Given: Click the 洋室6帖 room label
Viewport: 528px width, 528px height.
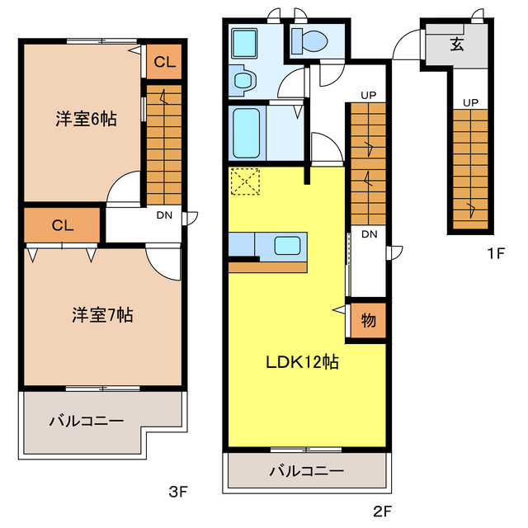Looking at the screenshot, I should coord(86,119).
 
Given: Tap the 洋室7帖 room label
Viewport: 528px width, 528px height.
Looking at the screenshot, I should coord(102,314).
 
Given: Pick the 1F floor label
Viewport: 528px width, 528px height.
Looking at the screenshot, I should coord(494,254).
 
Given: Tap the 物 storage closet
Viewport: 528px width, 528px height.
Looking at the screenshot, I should coord(368,320).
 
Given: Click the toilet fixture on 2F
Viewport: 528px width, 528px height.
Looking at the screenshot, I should coord(313,39).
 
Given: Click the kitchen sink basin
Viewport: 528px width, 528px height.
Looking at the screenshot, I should coord(288,245).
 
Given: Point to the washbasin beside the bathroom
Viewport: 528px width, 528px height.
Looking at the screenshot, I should coord(244,80).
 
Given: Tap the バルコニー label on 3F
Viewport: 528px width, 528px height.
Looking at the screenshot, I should coord(86,421).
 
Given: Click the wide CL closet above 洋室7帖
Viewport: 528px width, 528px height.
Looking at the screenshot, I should coord(62,224).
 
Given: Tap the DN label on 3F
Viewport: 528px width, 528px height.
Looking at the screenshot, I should coord(165,216).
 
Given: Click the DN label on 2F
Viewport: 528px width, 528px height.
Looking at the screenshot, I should coord(369,235).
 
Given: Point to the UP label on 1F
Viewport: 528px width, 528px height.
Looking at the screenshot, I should coord(470,102).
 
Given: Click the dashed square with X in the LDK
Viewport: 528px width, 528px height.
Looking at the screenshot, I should coord(245,181).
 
